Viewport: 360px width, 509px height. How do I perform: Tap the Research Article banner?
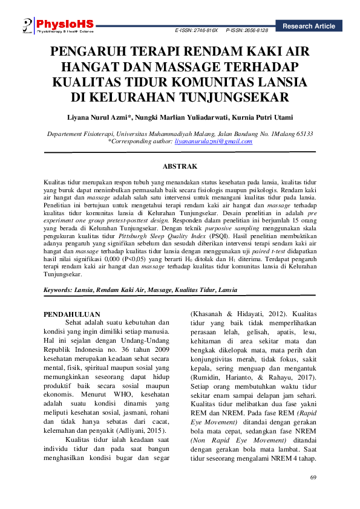(x=308, y=26)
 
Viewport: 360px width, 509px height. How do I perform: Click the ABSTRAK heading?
(x=180, y=166)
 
